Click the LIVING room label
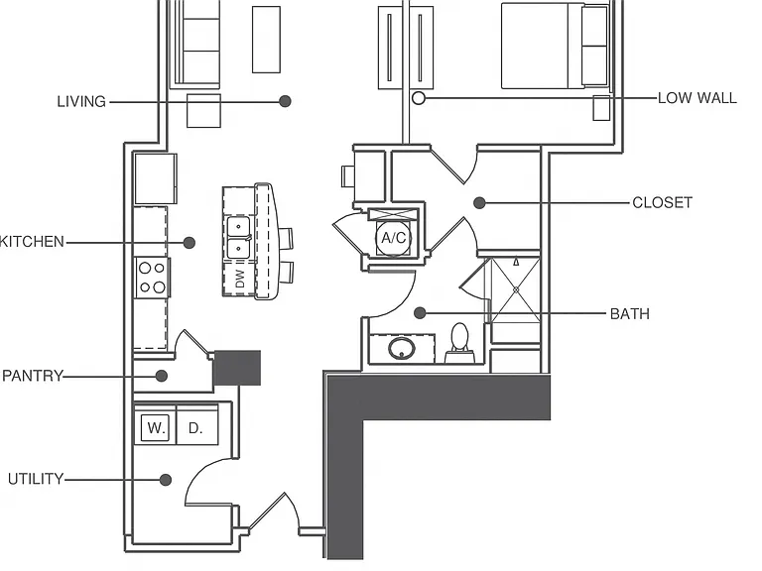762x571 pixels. click(x=81, y=101)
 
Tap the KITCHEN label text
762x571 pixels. click(x=32, y=241)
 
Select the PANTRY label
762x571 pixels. click(x=33, y=376)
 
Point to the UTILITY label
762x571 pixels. click(x=36, y=479)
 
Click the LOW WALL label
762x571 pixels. click(x=697, y=98)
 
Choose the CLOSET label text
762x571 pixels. click(x=662, y=202)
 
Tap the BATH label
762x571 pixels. click(x=629, y=313)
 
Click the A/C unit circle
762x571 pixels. click(x=393, y=238)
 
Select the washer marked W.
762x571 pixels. click(x=156, y=427)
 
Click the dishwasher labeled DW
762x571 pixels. click(x=239, y=279)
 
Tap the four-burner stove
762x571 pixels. click(x=153, y=278)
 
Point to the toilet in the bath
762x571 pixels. click(x=459, y=343)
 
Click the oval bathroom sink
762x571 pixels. click(x=402, y=348)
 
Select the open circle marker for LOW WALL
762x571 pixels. click(x=419, y=98)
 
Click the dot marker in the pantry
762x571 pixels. click(x=162, y=376)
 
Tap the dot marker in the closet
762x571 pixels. click(x=479, y=202)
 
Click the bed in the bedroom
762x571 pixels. click(x=555, y=46)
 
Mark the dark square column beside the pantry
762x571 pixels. click(x=237, y=368)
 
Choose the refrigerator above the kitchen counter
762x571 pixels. click(x=156, y=178)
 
